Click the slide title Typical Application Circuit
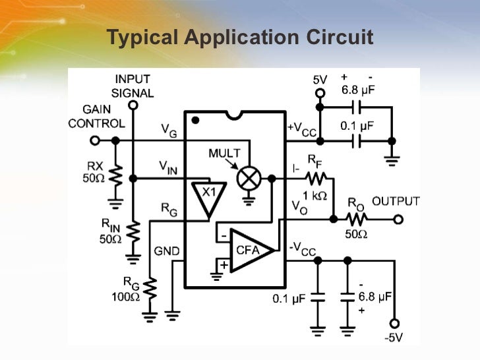240,38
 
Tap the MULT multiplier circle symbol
251,178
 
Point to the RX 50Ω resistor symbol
115,175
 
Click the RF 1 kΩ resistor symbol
316,178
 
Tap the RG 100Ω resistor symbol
151,287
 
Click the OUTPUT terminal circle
398,220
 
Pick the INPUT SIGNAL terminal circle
133,105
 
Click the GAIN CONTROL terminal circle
94,140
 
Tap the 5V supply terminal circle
320,92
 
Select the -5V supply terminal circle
394,323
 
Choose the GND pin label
166,251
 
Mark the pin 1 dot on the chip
195,121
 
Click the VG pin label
169,130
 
